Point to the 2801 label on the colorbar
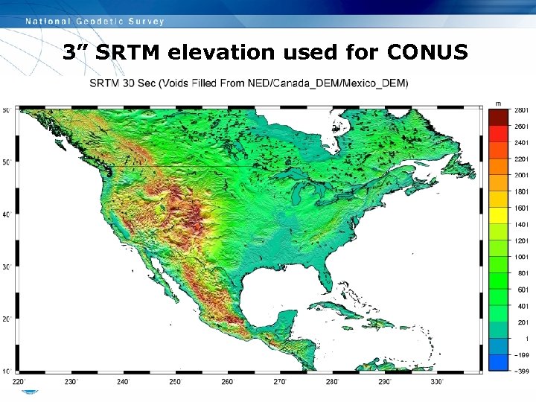tap(521, 110)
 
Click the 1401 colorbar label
tap(521, 224)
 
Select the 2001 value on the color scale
tap(521, 175)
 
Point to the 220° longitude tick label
tap(18, 382)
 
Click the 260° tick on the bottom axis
tap(227, 382)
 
